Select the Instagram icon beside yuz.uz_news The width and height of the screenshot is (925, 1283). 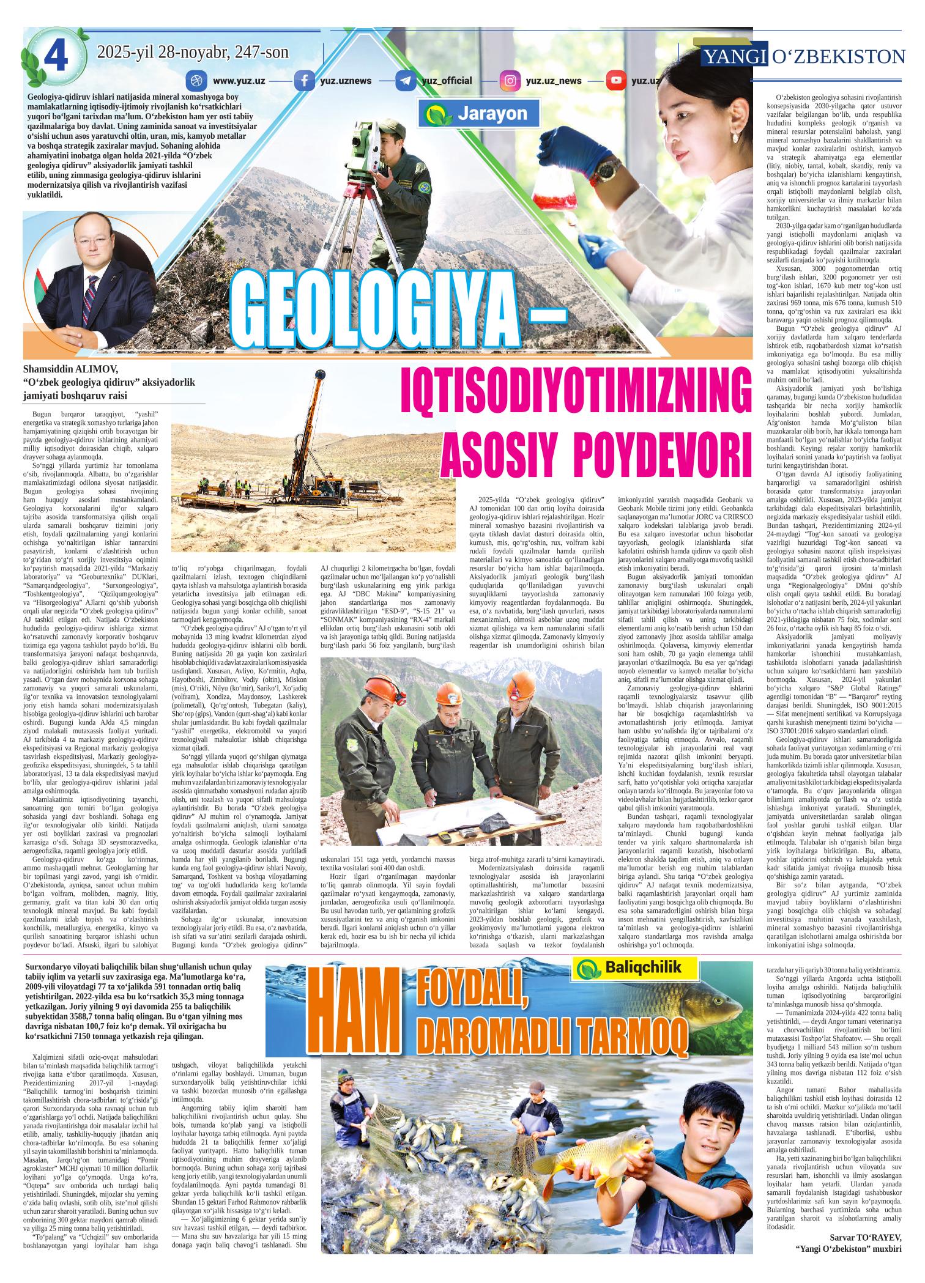pyautogui.click(x=509, y=81)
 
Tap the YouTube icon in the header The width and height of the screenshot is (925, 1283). pyautogui.click(x=615, y=81)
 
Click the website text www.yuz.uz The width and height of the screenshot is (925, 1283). pyautogui.click(x=239, y=81)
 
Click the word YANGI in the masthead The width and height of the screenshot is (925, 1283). pyautogui.click(x=735, y=57)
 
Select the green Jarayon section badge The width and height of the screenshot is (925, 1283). pyautogui.click(x=483, y=114)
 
